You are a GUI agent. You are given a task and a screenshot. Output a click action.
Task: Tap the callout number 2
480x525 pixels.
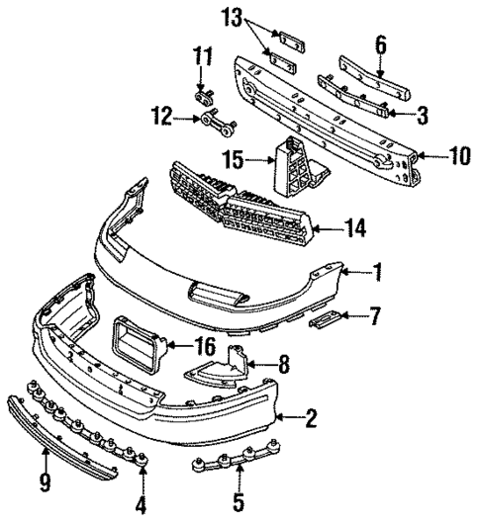pyautogui.click(x=312, y=420)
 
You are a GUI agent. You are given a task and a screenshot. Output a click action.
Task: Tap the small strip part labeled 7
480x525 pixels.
pyautogui.click(x=326, y=319)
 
